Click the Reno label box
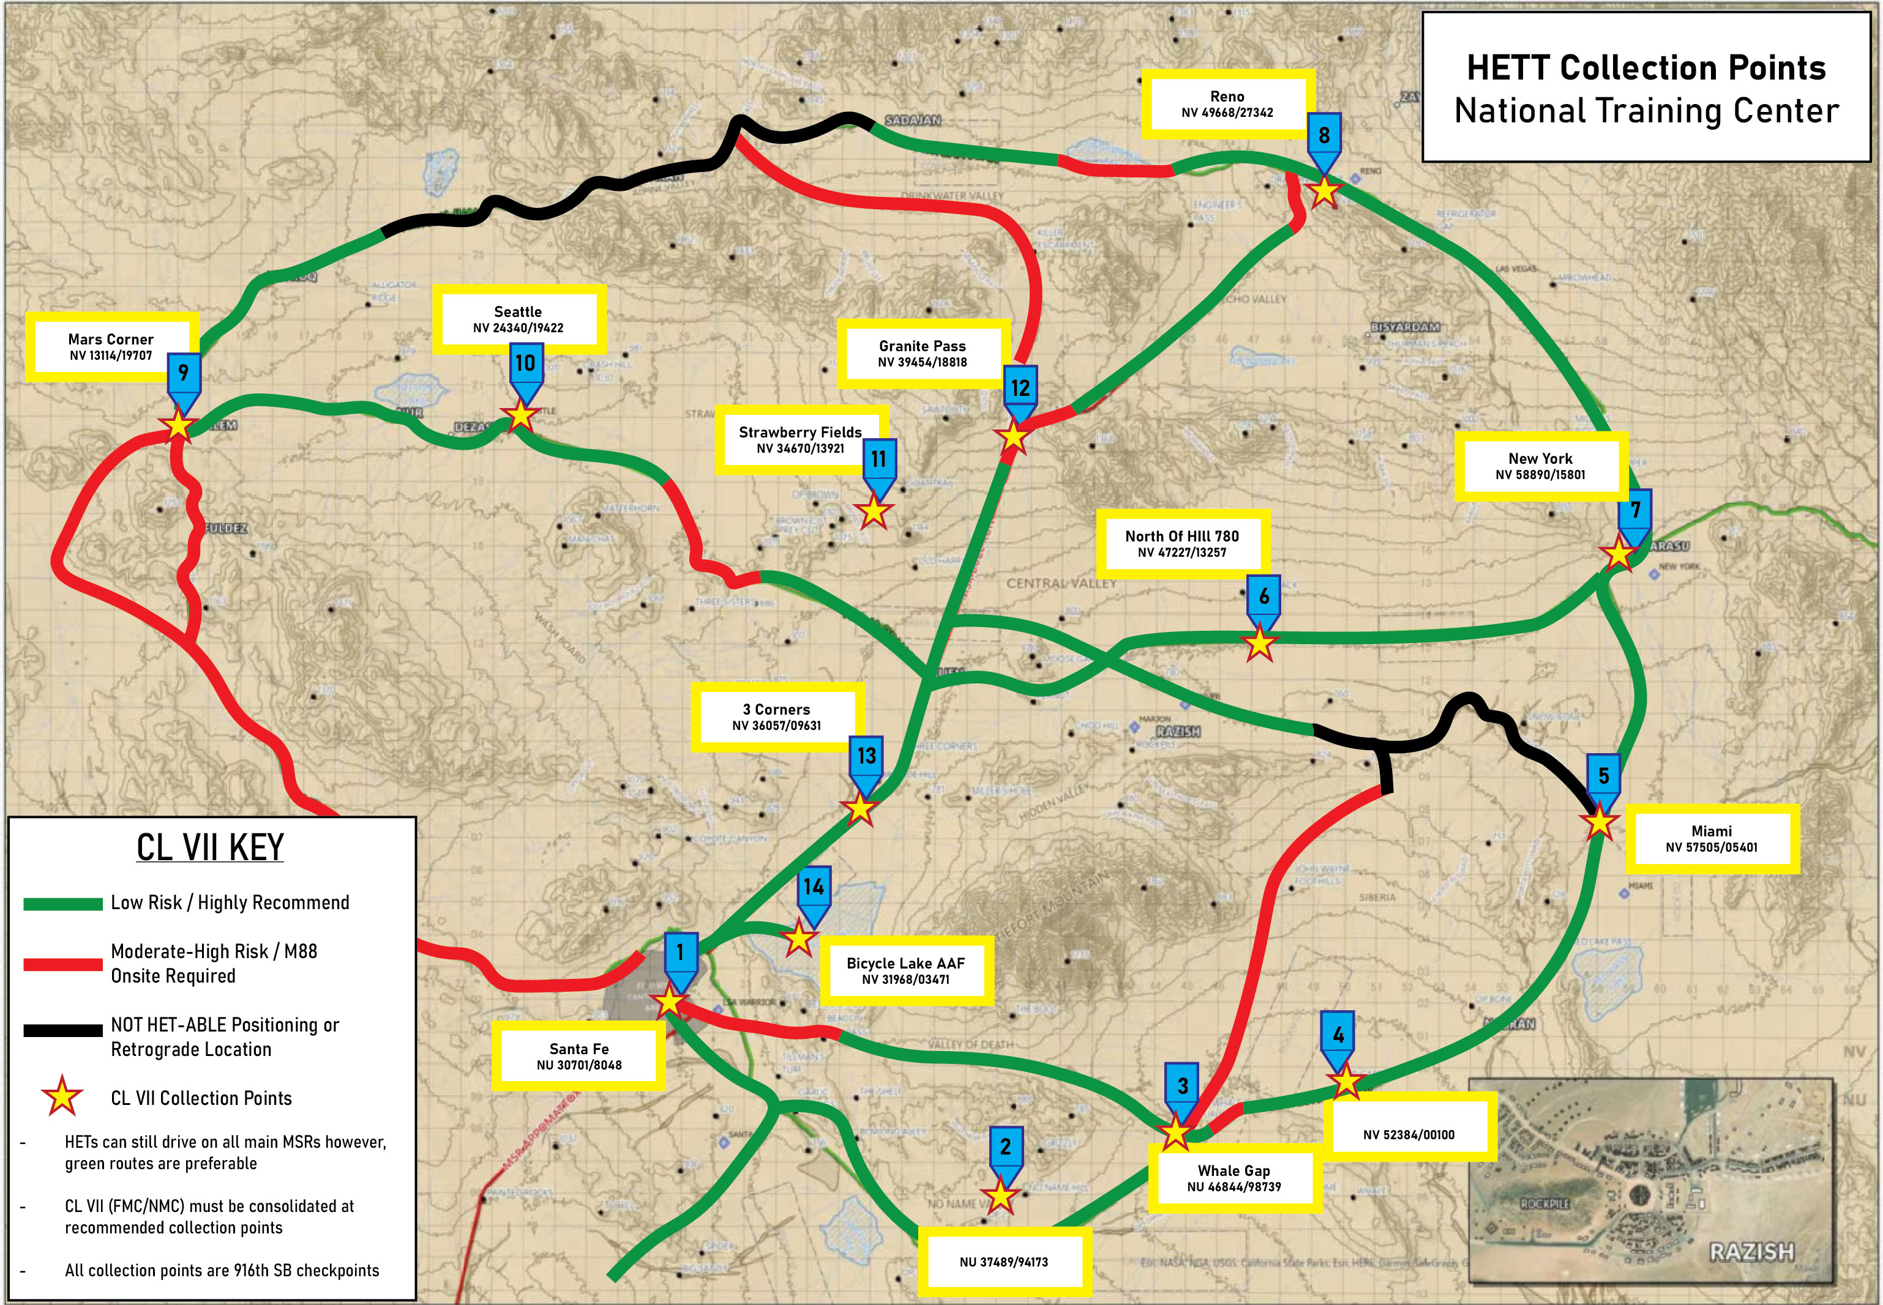click(x=1227, y=104)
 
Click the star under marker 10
click(x=521, y=415)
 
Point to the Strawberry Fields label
click(x=800, y=439)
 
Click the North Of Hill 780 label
click(x=1181, y=543)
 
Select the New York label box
click(x=1540, y=466)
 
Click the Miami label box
click(x=1711, y=839)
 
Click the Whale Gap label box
click(x=1233, y=1178)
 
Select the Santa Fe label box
click(x=578, y=1057)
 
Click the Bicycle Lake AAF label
click(x=905, y=970)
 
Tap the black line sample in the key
click(x=62, y=1030)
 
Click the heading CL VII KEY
click(x=210, y=847)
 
